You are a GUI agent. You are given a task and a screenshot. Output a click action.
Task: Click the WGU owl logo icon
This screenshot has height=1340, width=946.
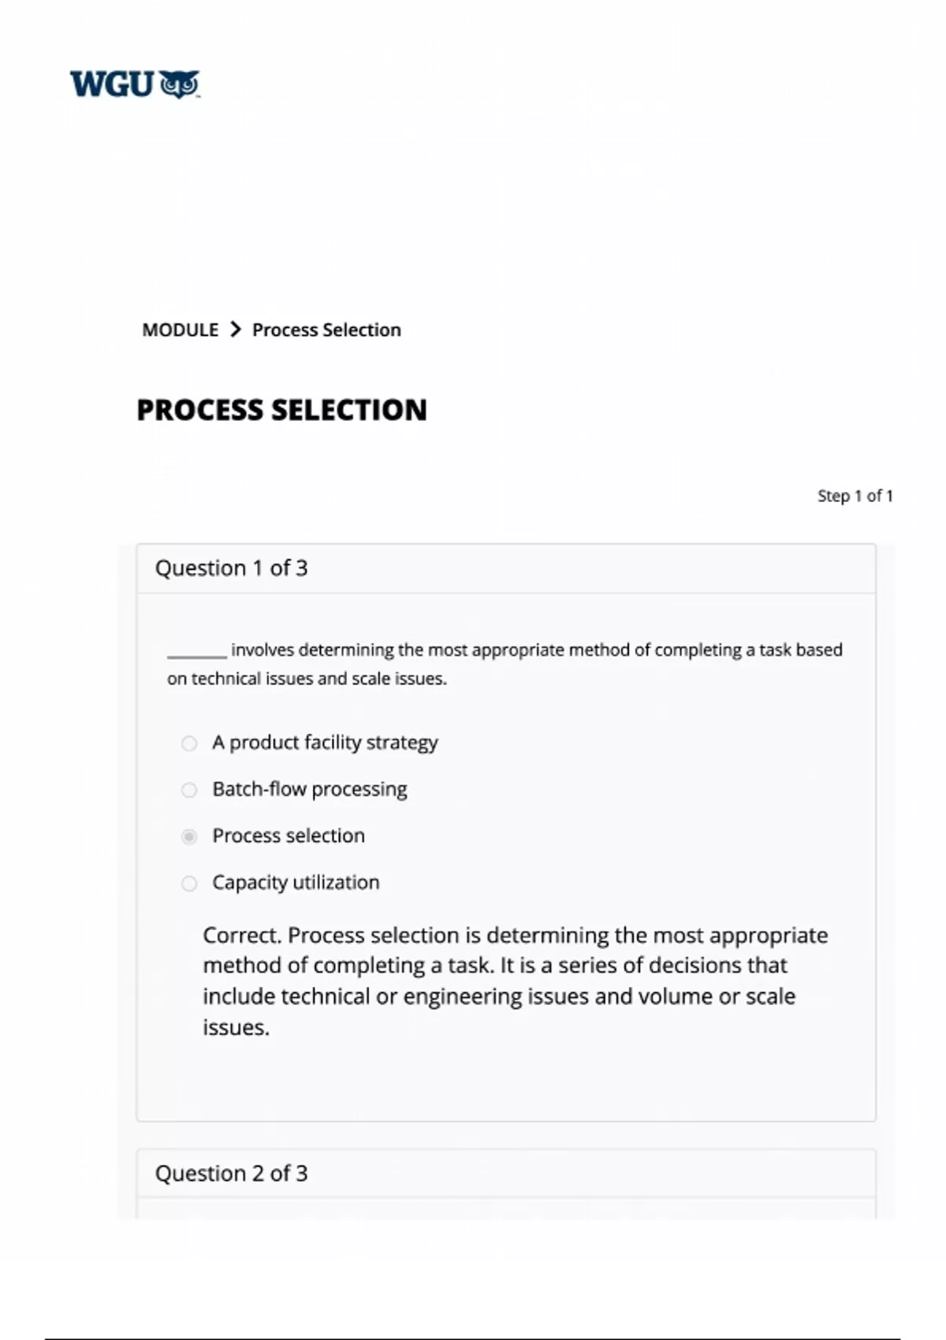180,84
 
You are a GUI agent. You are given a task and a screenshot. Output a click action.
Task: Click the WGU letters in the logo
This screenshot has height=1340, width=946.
112,84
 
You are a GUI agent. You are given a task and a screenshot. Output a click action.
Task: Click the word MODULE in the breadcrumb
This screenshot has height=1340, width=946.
180,329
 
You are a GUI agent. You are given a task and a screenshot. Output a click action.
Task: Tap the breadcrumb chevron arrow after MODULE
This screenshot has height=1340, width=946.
235,329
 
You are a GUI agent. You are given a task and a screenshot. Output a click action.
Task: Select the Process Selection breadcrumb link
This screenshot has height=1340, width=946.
326,329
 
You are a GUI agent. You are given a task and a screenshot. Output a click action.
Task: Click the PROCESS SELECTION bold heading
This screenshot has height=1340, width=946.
281,410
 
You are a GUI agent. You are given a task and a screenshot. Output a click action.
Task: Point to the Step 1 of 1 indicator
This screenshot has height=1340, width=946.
855,496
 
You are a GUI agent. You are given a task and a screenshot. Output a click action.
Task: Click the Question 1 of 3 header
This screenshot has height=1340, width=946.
231,568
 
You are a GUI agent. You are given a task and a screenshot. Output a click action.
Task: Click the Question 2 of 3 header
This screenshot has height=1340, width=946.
231,1173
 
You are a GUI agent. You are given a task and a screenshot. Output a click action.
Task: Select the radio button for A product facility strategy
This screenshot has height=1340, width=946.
189,743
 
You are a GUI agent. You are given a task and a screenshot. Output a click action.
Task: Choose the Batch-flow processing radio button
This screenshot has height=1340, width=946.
189,790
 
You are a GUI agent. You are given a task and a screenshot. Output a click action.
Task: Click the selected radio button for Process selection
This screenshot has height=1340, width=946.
189,836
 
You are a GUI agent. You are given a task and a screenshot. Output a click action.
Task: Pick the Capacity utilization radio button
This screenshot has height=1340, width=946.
189,883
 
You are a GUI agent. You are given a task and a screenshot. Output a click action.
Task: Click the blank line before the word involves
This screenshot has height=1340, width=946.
196,652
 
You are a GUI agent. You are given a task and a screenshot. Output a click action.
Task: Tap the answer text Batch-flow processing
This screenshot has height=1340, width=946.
309,789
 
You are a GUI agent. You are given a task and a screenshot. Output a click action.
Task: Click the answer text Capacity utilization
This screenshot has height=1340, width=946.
296,882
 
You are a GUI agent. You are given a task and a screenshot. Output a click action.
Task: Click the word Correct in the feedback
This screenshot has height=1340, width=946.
241,935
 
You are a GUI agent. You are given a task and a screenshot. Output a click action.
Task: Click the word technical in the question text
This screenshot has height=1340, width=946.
225,679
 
